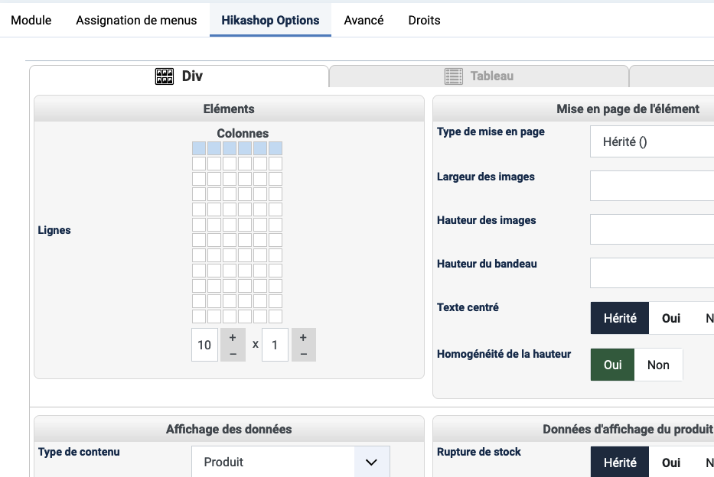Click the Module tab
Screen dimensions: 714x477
click(x=31, y=20)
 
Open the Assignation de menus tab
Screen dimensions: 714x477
click(x=136, y=20)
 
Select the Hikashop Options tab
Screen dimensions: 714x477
click(x=270, y=20)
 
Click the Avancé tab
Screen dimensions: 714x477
click(x=364, y=20)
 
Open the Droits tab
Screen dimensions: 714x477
click(x=424, y=20)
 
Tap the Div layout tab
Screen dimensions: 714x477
click(x=179, y=76)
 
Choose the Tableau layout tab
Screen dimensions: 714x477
click(x=478, y=76)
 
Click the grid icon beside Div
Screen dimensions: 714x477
click(x=165, y=76)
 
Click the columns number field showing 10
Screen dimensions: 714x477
click(x=204, y=345)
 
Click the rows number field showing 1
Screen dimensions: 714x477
click(x=275, y=345)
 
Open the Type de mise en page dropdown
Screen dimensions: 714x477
click(x=652, y=141)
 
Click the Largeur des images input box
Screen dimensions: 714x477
click(x=652, y=186)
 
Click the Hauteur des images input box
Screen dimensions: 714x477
click(x=652, y=229)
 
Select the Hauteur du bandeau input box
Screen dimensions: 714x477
click(x=652, y=273)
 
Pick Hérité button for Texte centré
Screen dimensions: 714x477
click(x=620, y=318)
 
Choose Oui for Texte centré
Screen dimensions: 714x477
click(x=670, y=318)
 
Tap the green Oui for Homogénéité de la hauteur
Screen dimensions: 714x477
click(x=612, y=365)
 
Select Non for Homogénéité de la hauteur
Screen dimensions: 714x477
click(x=658, y=365)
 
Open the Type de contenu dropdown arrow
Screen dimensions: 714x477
click(x=372, y=462)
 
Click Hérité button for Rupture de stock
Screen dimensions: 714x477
click(x=620, y=462)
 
